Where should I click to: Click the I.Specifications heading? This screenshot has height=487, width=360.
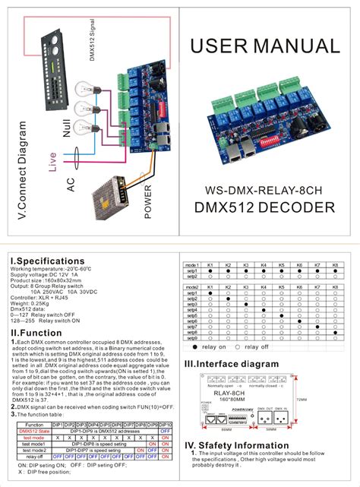pyautogui.click(x=46, y=261)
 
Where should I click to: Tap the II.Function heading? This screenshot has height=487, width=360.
pyautogui.click(x=36, y=333)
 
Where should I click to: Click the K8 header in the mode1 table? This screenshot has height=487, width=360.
pyautogui.click(x=335, y=264)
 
